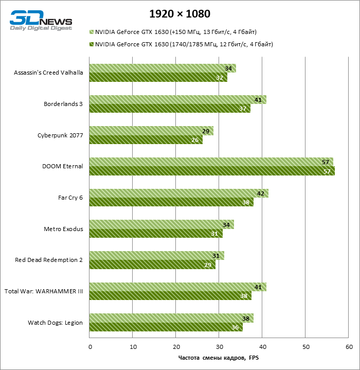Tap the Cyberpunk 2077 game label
tap(60, 135)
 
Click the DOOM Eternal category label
tap(62, 166)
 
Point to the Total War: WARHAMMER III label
tap(44, 291)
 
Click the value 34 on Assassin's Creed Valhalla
tap(228, 68)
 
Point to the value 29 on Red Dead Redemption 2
tap(208, 265)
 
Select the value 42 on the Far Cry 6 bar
tap(261, 193)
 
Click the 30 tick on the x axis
tap(219, 346)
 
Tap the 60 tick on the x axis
tap(349, 346)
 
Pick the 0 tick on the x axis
tap(90, 346)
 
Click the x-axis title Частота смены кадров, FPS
tap(219, 358)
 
